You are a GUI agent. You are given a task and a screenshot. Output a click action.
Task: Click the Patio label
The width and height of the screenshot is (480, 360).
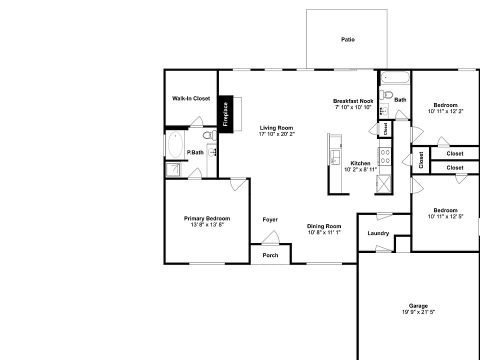347,39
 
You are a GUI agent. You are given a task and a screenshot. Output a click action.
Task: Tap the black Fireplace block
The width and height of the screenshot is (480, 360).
225,114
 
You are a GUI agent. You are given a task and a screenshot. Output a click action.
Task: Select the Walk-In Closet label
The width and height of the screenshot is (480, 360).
191,98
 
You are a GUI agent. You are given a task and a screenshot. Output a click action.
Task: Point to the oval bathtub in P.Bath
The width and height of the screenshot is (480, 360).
175,145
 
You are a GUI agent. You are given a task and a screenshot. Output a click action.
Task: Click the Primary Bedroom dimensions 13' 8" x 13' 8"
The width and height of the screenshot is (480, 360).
207,225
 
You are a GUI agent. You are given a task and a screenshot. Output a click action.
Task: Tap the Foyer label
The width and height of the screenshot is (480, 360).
270,219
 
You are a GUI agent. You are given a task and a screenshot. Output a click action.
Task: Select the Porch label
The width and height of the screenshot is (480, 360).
270,255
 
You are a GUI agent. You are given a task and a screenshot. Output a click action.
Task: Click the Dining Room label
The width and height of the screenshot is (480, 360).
324,226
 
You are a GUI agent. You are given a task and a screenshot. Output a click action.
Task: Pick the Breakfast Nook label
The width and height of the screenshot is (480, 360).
353,100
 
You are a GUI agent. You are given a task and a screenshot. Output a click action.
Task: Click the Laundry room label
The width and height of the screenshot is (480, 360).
378,233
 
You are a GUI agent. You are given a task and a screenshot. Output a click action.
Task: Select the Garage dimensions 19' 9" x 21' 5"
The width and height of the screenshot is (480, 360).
418,312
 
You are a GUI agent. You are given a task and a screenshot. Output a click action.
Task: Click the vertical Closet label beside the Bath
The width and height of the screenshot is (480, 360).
385,128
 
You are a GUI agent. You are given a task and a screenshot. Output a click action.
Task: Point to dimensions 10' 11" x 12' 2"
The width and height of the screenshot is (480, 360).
445,111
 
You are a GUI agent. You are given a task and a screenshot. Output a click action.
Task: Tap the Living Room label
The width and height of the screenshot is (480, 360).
276,127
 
